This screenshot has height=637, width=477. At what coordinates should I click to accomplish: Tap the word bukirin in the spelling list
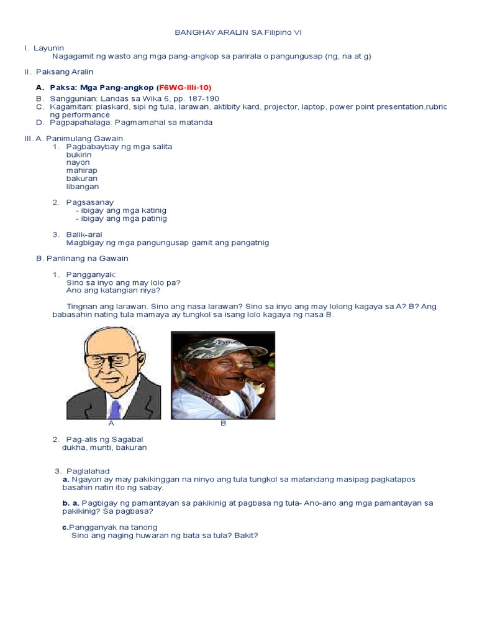(79, 154)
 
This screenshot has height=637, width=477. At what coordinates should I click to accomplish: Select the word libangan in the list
(83, 187)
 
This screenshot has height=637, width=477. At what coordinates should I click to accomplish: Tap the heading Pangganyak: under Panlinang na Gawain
(91, 274)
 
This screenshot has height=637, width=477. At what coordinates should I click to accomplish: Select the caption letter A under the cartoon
(111, 423)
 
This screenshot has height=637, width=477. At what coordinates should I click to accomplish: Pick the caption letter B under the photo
(223, 423)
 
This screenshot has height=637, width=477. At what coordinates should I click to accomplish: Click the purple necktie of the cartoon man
(114, 408)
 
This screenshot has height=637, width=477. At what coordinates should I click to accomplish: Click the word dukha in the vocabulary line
(73, 447)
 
